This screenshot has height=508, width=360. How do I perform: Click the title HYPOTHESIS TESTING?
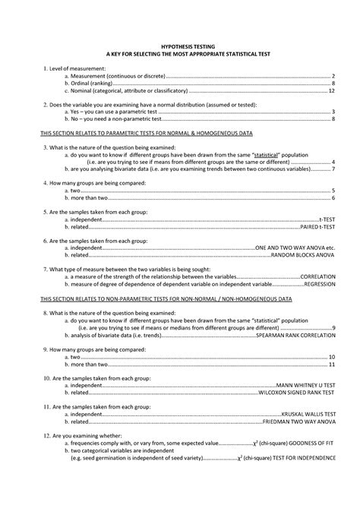click(179, 47)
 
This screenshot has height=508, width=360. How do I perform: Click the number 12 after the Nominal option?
click(332, 90)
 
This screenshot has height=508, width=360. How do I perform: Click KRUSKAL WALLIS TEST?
click(309, 414)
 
